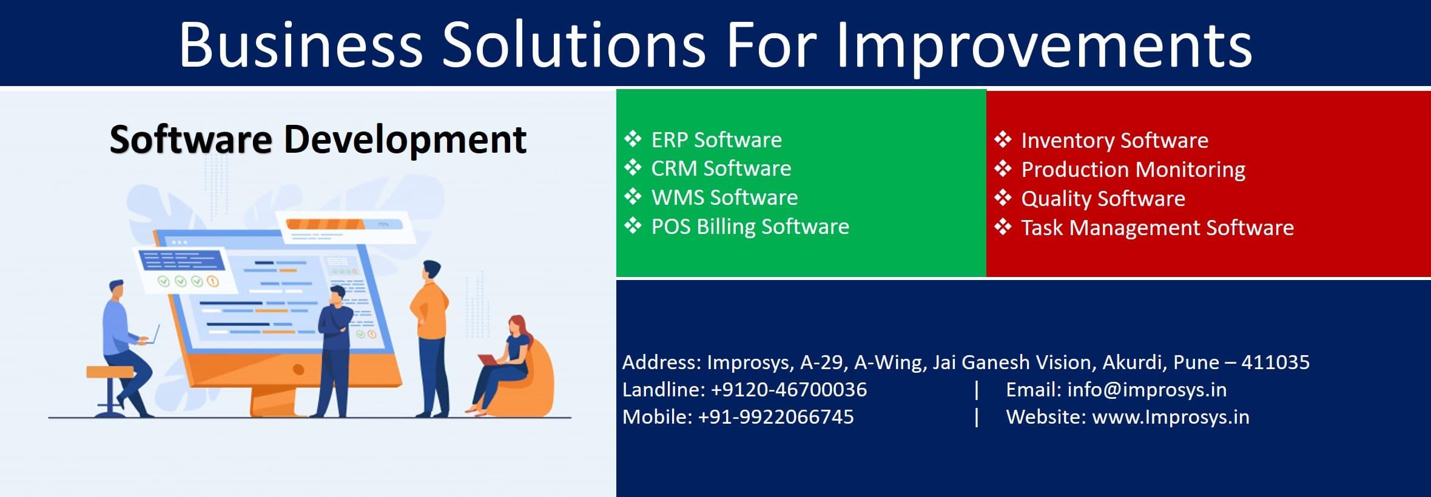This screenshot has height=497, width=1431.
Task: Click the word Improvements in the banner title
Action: (x=1043, y=45)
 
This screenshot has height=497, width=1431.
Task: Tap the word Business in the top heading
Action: (x=300, y=45)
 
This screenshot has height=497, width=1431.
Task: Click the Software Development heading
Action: (x=318, y=139)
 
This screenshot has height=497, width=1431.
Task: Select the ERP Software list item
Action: (x=716, y=140)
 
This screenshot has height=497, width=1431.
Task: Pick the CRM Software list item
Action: (x=721, y=168)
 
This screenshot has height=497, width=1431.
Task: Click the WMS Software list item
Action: (x=724, y=198)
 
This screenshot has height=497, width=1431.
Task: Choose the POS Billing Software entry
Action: (x=750, y=227)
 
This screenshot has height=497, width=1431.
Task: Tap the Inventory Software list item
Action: (x=1114, y=141)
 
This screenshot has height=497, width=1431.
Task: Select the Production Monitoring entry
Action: (x=1133, y=170)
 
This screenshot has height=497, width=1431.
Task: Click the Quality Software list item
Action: (x=1102, y=199)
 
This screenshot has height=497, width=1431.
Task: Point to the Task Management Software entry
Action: (x=1157, y=228)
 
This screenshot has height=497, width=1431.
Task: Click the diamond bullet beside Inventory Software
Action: (x=1003, y=140)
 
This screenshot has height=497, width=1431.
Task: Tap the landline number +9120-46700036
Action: (x=789, y=390)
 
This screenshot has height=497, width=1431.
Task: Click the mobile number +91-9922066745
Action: (x=775, y=417)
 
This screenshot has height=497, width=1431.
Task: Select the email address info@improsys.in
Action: (x=1146, y=390)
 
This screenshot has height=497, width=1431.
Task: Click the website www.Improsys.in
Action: (x=1170, y=417)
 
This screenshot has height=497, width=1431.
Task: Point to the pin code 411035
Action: (x=1275, y=362)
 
